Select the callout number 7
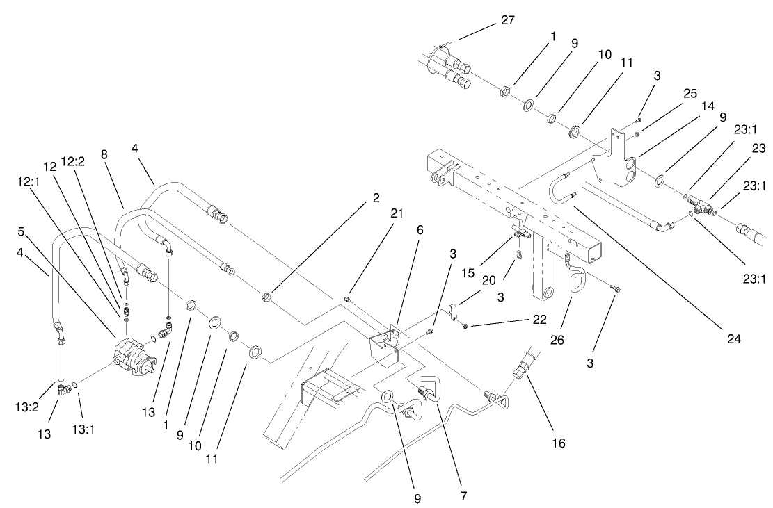point(463,496)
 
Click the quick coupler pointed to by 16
point(522,366)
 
